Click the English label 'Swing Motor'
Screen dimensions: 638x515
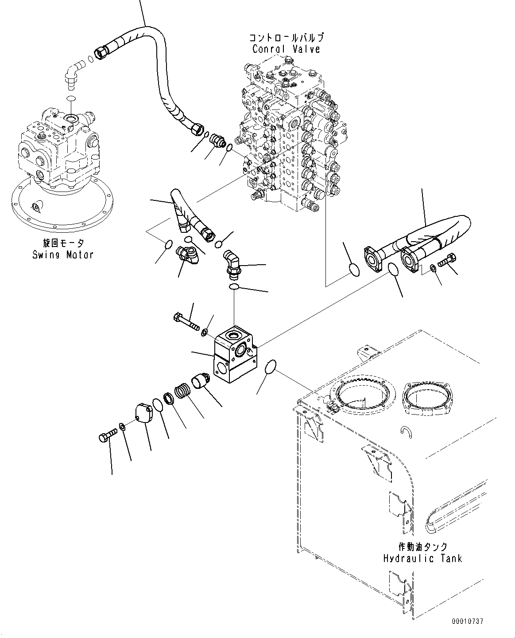tap(62, 254)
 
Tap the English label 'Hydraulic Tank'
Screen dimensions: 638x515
tap(422, 558)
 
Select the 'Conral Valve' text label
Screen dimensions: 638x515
tap(286, 49)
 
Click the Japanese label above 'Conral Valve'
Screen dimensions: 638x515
tap(287, 38)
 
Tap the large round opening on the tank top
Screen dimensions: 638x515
tap(365, 394)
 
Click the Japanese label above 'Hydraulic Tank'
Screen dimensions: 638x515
tap(422, 547)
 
